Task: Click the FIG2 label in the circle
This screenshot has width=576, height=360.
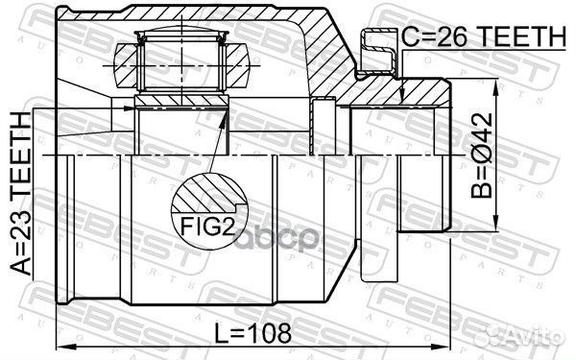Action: (207, 226)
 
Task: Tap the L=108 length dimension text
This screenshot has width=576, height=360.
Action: (252, 333)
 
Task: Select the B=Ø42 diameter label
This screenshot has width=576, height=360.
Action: (482, 156)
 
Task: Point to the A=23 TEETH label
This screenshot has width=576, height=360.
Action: (20, 194)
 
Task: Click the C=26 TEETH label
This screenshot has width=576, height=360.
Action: (484, 36)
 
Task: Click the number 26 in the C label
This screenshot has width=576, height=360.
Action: (455, 36)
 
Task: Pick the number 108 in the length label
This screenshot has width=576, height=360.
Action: (269, 333)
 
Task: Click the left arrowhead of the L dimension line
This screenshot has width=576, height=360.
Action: (65, 347)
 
